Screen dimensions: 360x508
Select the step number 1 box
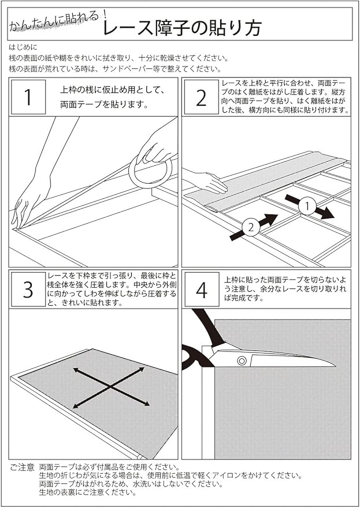[28, 97]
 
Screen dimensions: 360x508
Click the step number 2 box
[201, 97]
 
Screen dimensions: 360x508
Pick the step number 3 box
[28, 290]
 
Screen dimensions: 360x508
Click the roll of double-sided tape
[151, 172]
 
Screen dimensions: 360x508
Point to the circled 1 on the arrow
[308, 206]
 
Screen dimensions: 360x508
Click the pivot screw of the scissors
[241, 361]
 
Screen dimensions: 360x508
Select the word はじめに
[23, 49]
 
